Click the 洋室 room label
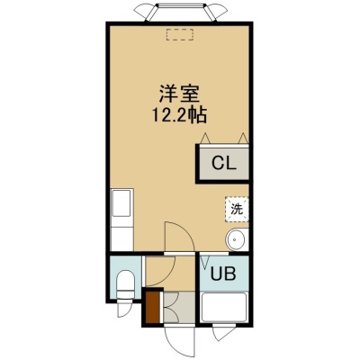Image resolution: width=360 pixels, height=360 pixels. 179,94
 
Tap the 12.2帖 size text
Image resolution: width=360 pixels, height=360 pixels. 179,115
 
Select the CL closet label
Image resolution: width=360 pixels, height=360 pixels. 224,164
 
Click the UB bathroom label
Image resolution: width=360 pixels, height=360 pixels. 222,274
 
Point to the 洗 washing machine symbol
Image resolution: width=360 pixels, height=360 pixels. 237,209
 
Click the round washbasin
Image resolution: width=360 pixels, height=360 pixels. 237,239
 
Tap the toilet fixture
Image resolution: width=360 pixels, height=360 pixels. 126,284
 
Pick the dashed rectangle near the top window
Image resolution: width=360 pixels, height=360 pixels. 180,34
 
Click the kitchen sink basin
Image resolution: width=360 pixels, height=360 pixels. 121,203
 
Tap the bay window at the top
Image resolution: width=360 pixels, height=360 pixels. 180,12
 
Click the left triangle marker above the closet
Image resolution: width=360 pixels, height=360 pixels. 205,138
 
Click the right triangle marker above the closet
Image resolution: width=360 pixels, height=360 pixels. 243,138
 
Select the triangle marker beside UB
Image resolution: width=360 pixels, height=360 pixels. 205,262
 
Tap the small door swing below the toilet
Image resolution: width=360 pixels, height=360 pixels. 123,309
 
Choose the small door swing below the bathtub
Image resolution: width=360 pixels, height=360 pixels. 223,334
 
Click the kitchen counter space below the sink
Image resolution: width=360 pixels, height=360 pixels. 121,238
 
